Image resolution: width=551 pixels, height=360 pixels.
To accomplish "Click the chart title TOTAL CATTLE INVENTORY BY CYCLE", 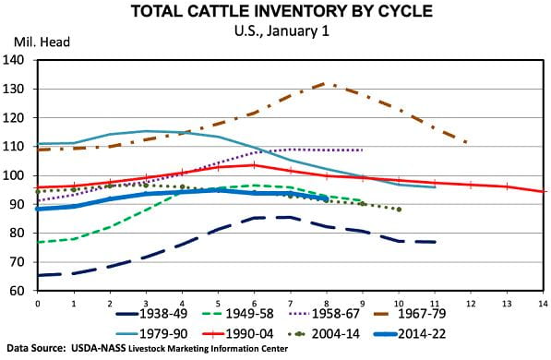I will pyautogui.click(x=276, y=12).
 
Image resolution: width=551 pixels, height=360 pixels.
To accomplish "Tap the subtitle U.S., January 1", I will pyautogui.click(x=276, y=30).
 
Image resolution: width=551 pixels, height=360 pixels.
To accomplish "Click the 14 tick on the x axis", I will pyautogui.click(x=542, y=302).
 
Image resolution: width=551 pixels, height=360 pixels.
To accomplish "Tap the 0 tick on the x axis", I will pyautogui.click(x=37, y=302).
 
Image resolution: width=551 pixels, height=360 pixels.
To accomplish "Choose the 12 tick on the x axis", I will pyautogui.click(x=470, y=302).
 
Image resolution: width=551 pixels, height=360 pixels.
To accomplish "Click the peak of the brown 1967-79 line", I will pyautogui.click(x=326, y=84).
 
